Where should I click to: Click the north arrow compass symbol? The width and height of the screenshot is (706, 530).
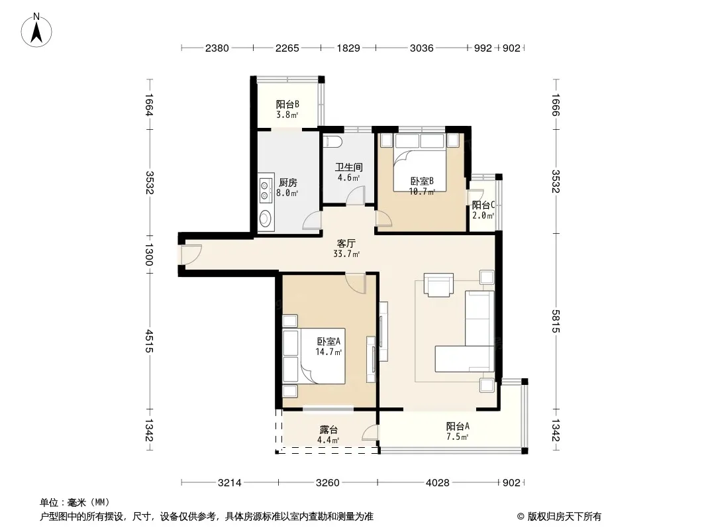pos(36,30)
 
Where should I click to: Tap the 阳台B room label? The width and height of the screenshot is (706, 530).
pos(287,105)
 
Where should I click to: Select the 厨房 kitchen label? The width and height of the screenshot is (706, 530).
pos(287,182)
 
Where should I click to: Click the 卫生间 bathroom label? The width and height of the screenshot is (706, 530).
pos(348,167)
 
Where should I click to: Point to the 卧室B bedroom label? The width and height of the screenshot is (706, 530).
pos(422,181)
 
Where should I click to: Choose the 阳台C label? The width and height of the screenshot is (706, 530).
pos(483,205)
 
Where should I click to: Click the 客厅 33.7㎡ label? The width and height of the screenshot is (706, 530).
pos(346,248)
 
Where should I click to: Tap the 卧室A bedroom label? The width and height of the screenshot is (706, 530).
pos(328,341)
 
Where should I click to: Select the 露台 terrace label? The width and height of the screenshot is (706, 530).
pos(328,430)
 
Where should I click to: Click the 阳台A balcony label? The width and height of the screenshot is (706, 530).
pos(458,426)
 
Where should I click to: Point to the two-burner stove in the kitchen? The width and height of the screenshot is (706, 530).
pos(265,189)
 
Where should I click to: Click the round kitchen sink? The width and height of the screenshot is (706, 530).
pos(265,219)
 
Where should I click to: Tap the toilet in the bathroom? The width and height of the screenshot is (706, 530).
pos(334,140)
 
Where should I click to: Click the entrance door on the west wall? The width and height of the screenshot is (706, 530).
pos(191,254)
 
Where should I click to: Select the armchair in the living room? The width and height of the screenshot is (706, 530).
pos(438,285)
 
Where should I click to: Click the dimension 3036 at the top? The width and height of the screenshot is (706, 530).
pos(421,48)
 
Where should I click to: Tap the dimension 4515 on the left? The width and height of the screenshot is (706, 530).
pos(150,341)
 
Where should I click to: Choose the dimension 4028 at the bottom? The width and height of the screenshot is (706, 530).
pos(438,483)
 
